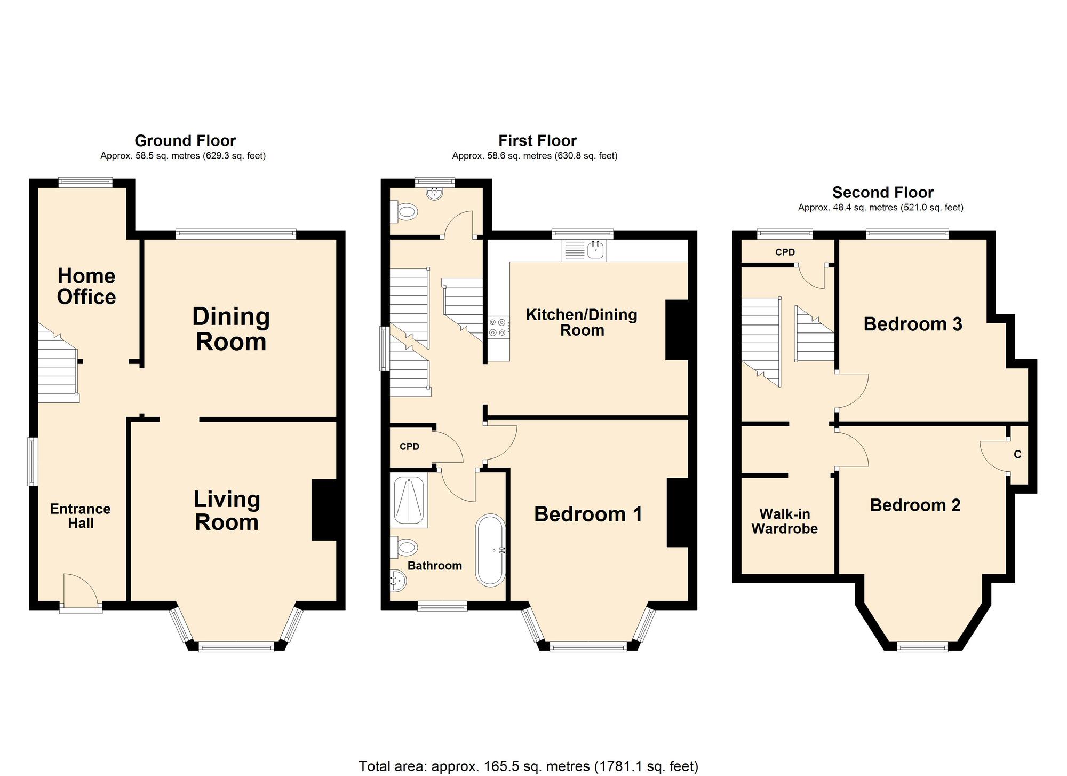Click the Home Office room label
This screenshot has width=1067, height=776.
coord(86,287)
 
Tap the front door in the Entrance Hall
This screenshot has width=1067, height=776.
coord(80,591)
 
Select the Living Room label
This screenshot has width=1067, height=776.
coord(227,511)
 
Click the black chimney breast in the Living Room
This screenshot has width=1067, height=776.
coord(324,510)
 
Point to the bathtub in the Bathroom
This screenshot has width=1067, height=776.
coord(490,550)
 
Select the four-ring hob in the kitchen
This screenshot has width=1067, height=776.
coord(498,327)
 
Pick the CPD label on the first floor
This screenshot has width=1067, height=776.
coord(409,447)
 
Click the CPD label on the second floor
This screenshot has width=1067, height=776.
coord(785,252)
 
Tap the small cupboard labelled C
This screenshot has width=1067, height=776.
coord(1017,455)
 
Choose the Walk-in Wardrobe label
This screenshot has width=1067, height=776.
coord(784,521)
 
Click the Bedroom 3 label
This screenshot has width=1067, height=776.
coord(912,324)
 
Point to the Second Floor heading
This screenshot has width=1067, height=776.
coord(882,192)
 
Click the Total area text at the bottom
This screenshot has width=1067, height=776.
coord(528,766)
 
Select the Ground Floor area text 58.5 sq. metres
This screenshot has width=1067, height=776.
coord(183,156)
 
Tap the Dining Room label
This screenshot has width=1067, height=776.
coord(231,329)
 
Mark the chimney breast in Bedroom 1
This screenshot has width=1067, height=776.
coord(678,512)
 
